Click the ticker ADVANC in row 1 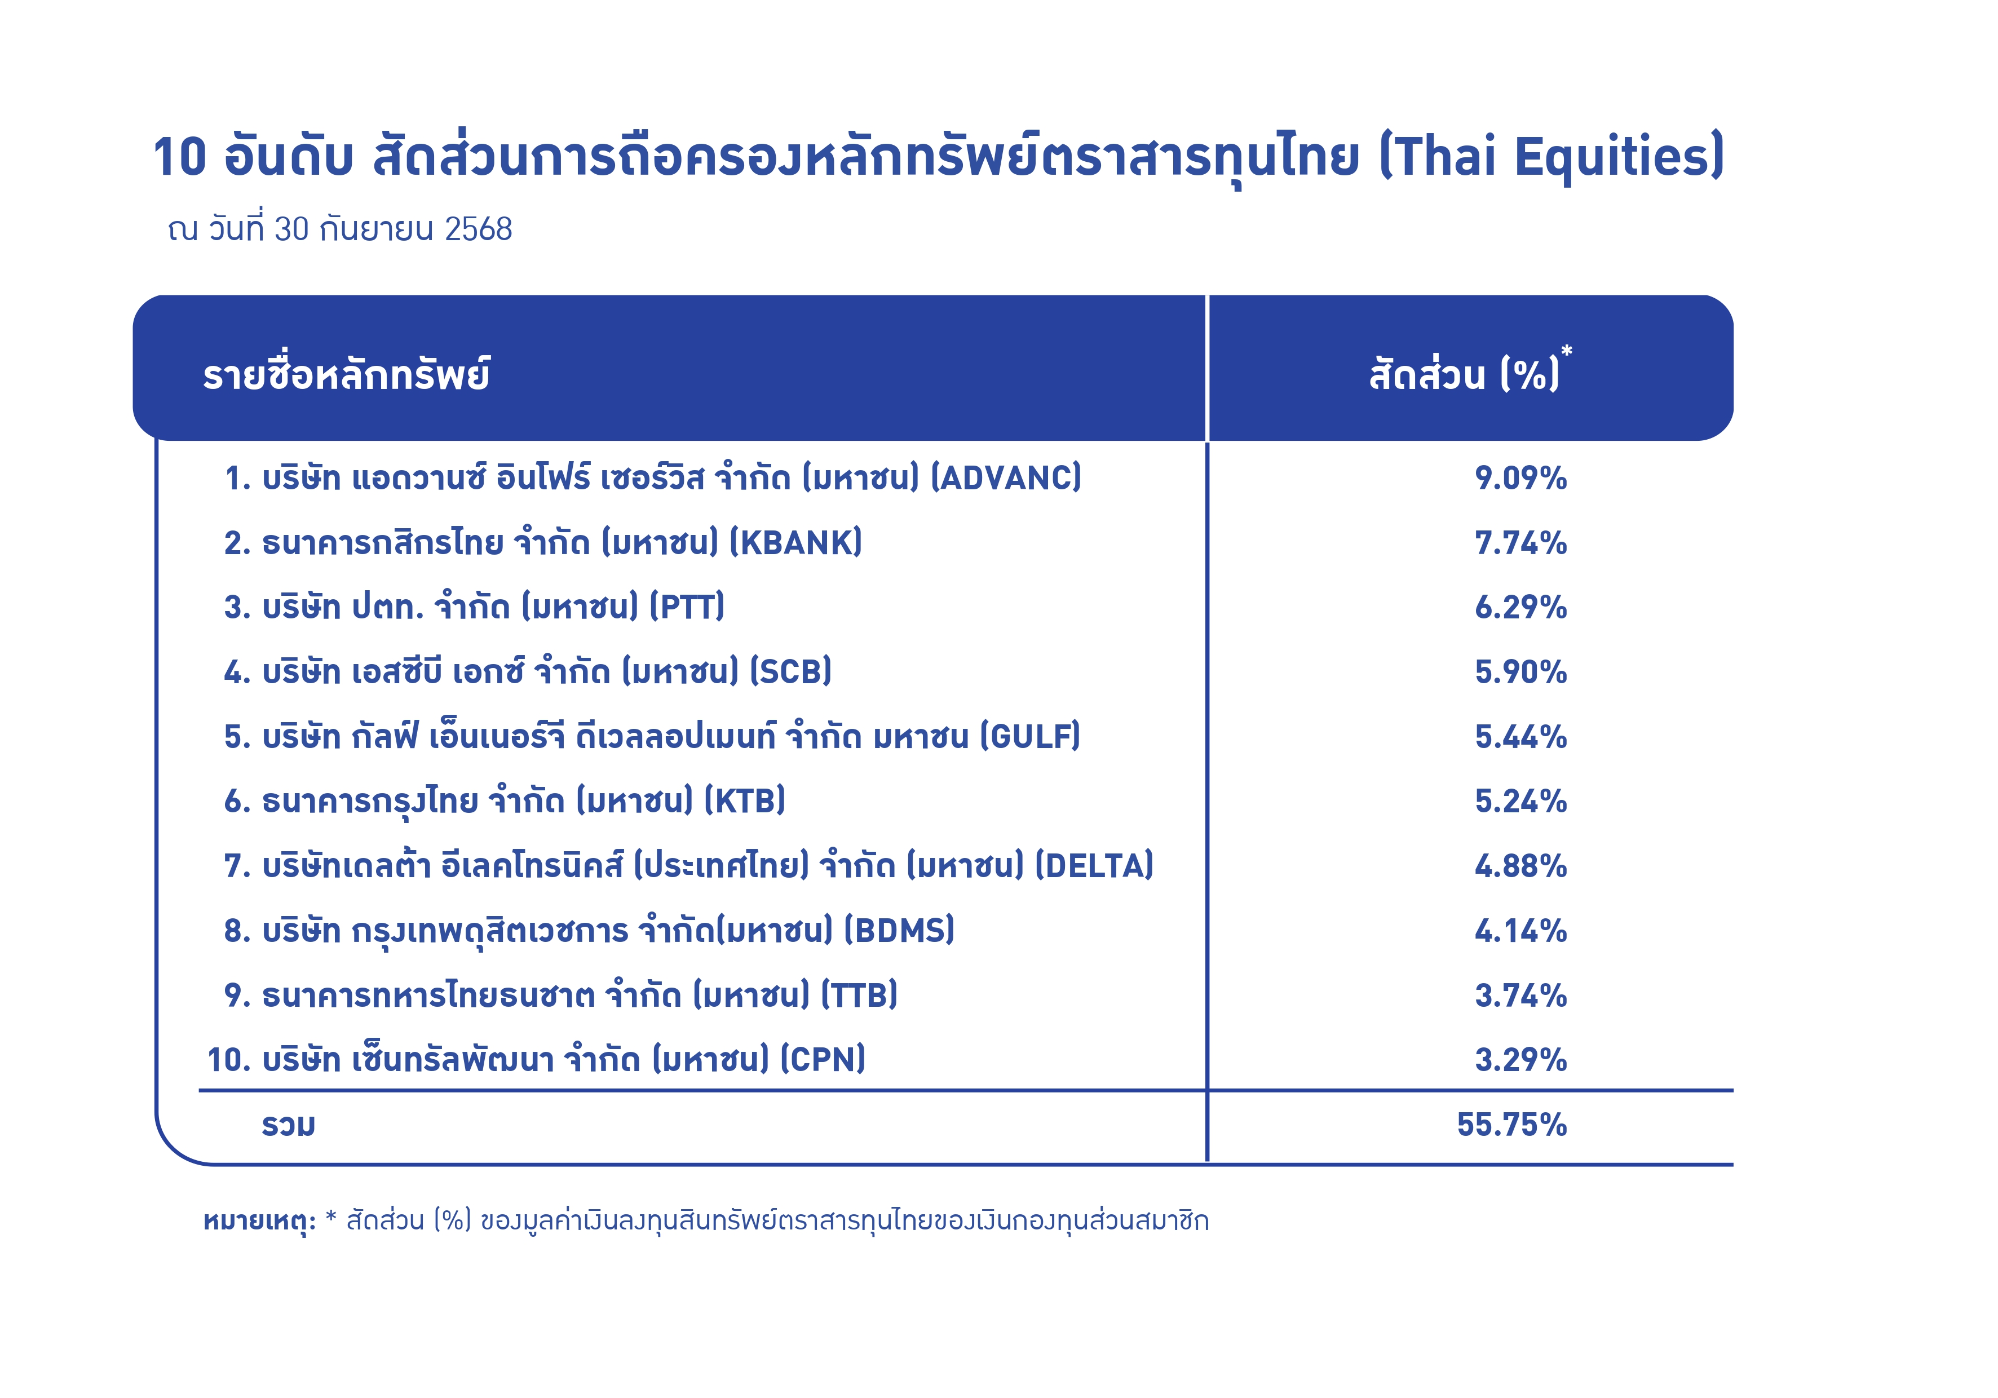[1005, 477]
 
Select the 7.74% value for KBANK [1520, 543]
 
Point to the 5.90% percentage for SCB [1520, 671]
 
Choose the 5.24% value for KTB [1520, 801]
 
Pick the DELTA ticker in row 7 [1094, 866]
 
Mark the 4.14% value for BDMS [1520, 931]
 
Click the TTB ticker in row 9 [859, 995]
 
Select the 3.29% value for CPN [1520, 1060]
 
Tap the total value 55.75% [1511, 1125]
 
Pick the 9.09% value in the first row [1520, 477]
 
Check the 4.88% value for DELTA [1520, 866]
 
